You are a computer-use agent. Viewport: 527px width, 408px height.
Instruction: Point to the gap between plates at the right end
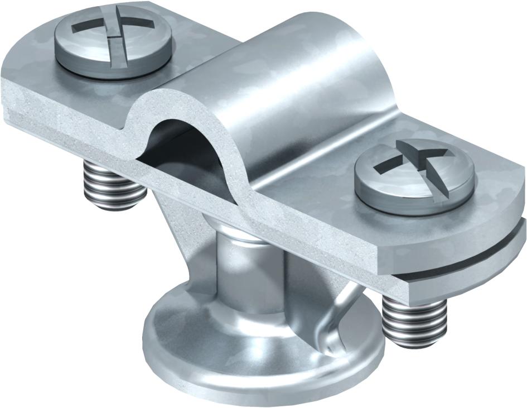tap(474, 262)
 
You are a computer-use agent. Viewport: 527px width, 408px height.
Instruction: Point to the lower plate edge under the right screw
tap(446, 279)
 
